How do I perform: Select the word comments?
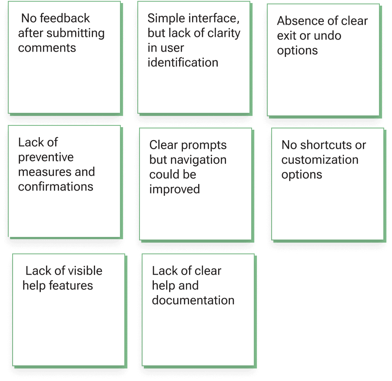pos(47,48)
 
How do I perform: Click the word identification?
pos(183,62)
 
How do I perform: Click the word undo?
pos(328,36)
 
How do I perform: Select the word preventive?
pos(46,157)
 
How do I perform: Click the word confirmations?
pos(56,187)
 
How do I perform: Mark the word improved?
pos(175,190)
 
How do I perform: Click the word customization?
pos(320,160)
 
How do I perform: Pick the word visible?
pos(82,271)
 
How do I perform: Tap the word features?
pos(71,286)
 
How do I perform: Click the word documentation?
pos(193,300)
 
